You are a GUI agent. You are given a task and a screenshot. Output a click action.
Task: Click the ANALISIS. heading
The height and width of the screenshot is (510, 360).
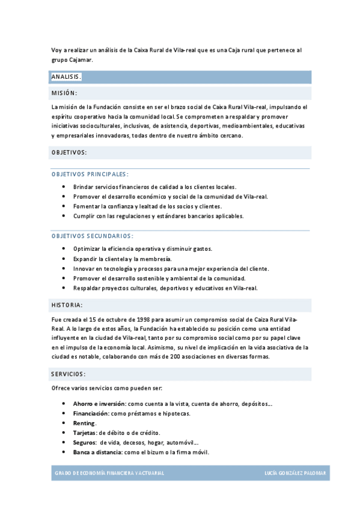[x=66, y=77]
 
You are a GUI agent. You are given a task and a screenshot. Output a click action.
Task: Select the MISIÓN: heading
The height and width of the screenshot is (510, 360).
[x=64, y=93]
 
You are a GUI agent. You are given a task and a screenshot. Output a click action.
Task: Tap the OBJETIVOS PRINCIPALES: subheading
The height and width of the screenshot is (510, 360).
[x=90, y=174]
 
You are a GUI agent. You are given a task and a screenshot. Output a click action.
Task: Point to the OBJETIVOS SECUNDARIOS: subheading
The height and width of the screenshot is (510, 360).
[x=93, y=236]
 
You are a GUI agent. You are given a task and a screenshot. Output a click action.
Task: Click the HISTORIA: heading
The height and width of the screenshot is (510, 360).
[x=67, y=305]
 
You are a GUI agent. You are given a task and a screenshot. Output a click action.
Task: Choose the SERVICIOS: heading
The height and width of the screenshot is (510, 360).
[x=68, y=374]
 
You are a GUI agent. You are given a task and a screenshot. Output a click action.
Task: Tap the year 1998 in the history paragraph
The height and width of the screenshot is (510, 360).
[x=132, y=320]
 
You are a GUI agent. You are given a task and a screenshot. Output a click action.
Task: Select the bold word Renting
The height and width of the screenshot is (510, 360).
[x=84, y=423]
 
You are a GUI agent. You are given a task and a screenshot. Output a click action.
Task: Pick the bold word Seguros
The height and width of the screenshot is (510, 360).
[x=84, y=443]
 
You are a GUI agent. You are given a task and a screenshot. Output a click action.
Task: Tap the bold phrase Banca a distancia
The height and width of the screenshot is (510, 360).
[x=96, y=452]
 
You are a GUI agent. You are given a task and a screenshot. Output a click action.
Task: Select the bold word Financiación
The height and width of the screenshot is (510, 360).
[x=91, y=414]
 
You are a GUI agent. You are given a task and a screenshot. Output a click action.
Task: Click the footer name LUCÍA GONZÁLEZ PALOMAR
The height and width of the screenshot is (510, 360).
[x=295, y=473]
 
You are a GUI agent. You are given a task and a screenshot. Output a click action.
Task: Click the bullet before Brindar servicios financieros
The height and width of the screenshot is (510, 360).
[x=64, y=187]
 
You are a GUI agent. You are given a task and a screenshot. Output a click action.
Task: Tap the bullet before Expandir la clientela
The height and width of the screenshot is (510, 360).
[x=64, y=259]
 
